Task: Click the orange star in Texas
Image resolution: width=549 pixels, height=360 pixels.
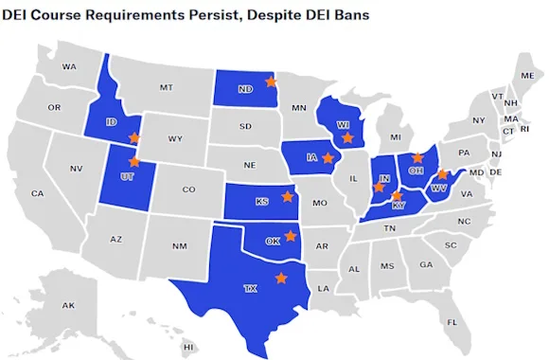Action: (280, 278)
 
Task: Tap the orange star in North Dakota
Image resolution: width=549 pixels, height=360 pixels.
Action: (267, 81)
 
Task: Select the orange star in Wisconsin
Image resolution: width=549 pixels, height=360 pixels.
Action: (347, 138)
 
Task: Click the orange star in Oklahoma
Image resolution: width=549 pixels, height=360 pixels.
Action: (291, 235)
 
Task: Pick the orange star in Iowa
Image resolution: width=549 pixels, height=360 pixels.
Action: (328, 158)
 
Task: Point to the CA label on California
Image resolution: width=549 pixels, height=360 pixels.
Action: (37, 193)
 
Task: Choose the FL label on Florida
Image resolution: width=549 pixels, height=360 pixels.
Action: (452, 322)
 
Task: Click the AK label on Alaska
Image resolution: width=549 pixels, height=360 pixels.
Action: (68, 305)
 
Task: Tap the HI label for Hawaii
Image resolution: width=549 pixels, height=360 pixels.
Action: (188, 348)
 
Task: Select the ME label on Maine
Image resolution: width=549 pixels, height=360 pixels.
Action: (526, 75)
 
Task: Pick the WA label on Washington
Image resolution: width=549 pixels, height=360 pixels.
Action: (69, 67)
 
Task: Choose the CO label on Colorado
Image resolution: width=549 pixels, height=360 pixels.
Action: (188, 189)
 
